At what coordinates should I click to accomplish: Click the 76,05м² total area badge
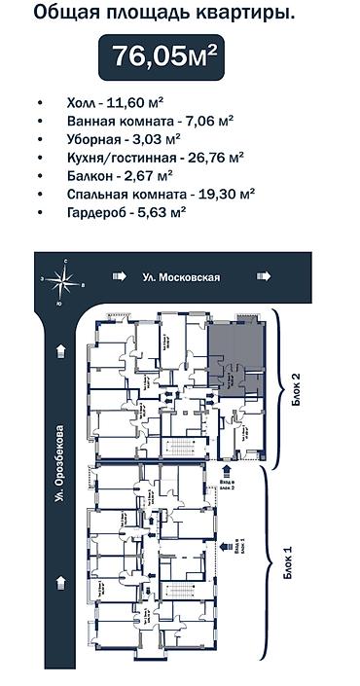[163, 56]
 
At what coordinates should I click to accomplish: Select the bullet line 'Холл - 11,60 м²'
[115, 102]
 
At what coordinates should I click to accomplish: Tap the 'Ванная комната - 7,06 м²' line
[150, 121]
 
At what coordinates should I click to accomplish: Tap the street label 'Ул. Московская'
[180, 277]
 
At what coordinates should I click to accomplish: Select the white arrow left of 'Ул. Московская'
[119, 277]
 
